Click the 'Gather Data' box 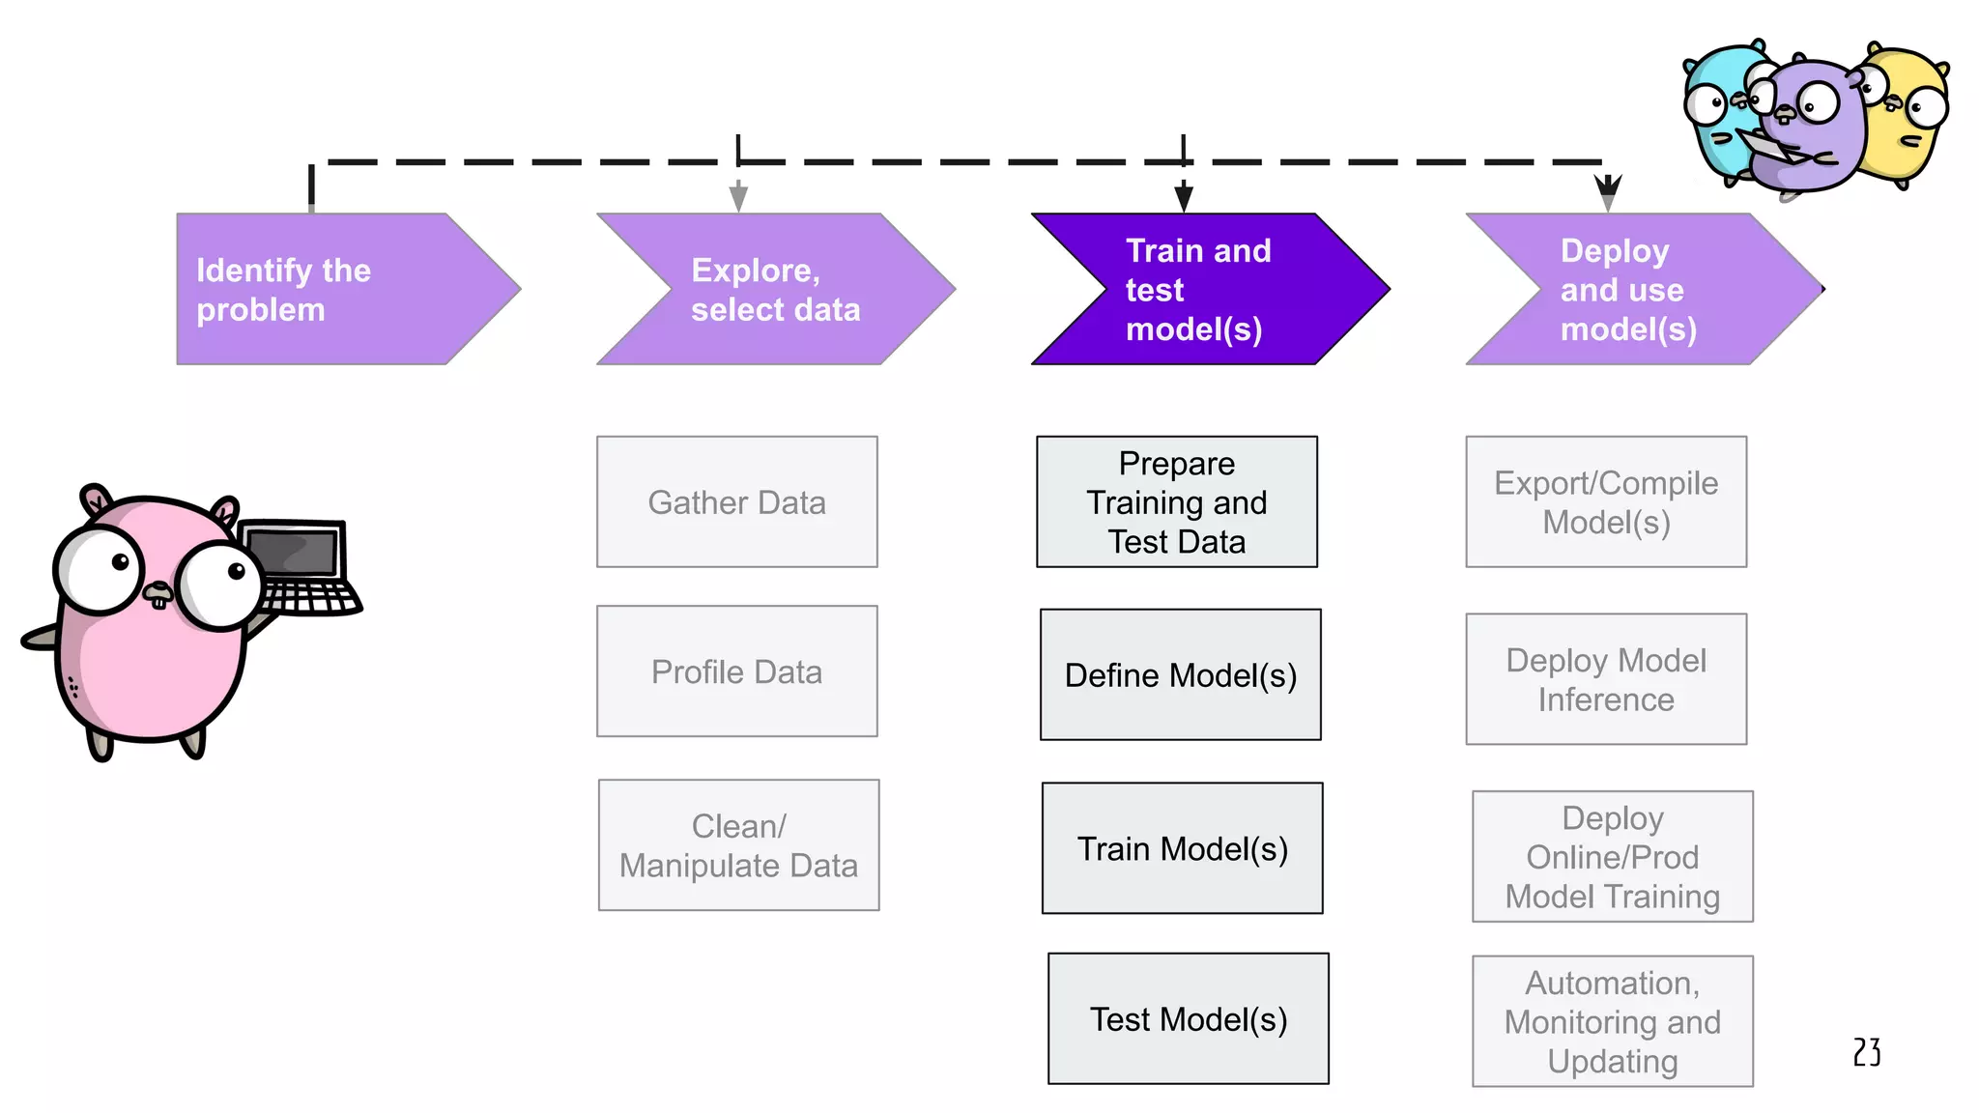click(x=736, y=501)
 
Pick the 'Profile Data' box click(x=736, y=671)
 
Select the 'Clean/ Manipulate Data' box click(x=738, y=845)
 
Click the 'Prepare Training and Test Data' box click(x=1176, y=501)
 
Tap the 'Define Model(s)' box click(x=1180, y=674)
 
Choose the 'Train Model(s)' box click(x=1182, y=848)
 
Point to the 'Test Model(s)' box click(x=1188, y=1018)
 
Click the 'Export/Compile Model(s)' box click(x=1606, y=501)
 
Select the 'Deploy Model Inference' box click(x=1606, y=679)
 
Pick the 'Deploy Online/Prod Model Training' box click(x=1612, y=856)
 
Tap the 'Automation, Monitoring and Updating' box click(x=1612, y=1021)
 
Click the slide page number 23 click(x=1867, y=1052)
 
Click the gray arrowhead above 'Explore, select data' click(x=738, y=197)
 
